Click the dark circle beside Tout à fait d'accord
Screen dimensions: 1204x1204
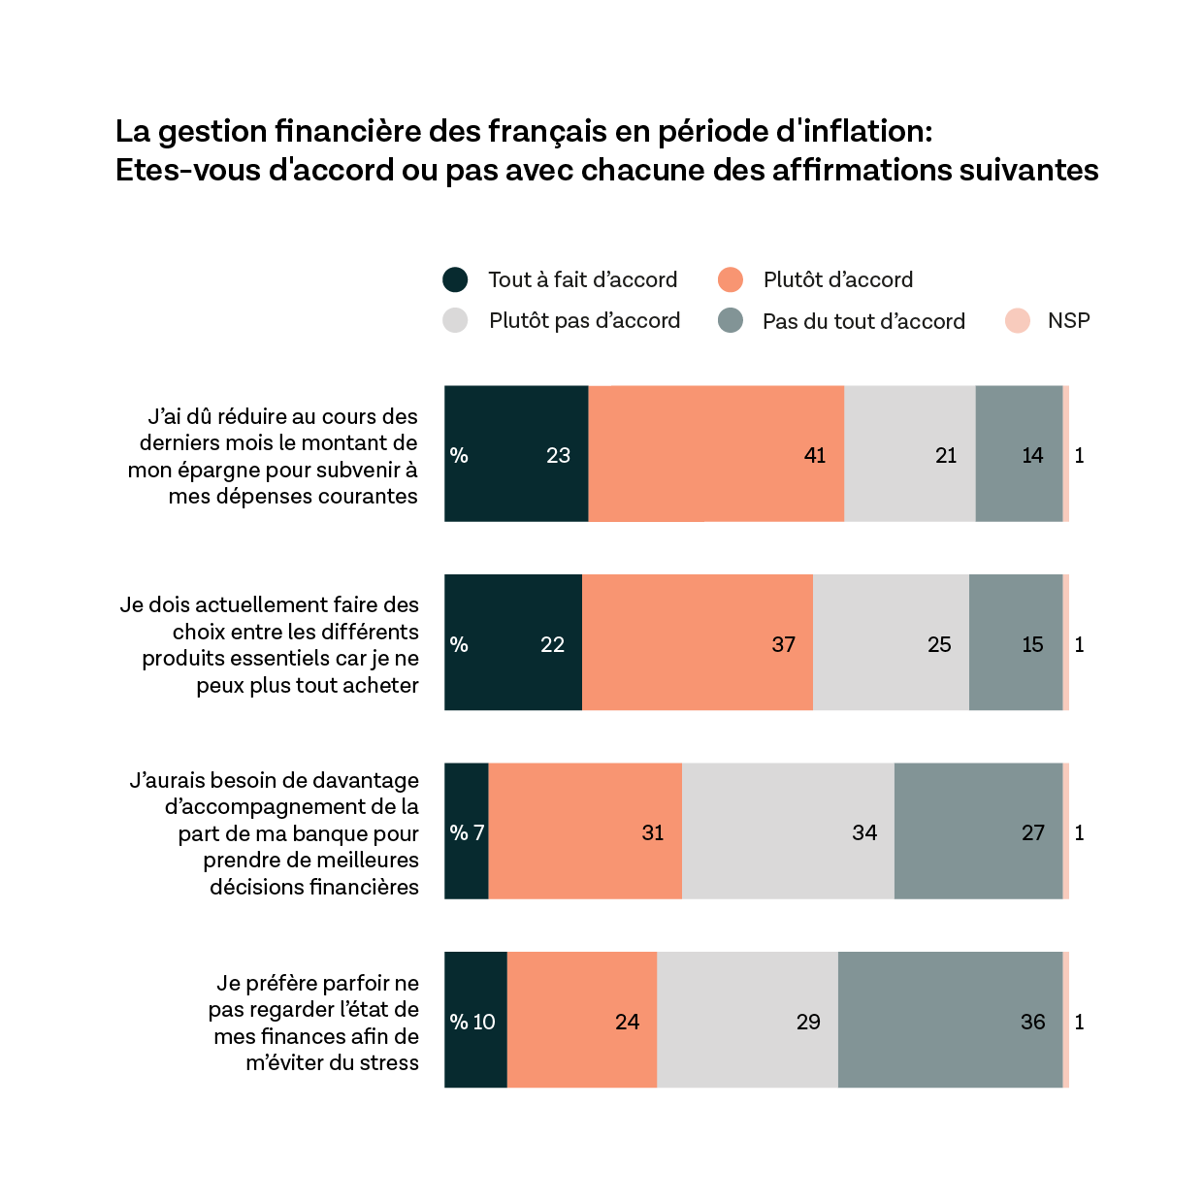tap(455, 280)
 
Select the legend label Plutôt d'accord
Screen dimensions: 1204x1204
tap(837, 280)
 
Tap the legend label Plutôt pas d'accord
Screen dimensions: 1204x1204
tap(584, 321)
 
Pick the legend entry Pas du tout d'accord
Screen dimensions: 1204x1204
tap(862, 322)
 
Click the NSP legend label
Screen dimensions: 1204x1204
tap(1068, 321)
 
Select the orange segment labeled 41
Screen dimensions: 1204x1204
tap(716, 454)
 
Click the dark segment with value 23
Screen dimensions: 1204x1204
tap(516, 454)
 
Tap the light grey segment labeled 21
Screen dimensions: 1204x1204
tap(909, 454)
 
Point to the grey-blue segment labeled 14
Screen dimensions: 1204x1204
tap(1019, 454)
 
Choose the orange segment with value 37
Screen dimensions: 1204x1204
tap(697, 642)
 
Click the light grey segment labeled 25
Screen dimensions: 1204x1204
tap(891, 642)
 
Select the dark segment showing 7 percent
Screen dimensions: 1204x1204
tap(467, 831)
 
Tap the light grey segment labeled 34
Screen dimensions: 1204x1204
tap(788, 831)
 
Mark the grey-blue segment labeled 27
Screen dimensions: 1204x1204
tap(978, 831)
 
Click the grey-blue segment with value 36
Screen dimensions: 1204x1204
tap(950, 1020)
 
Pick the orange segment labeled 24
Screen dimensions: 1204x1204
tap(582, 1020)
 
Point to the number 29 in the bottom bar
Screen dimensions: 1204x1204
tap(808, 1022)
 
